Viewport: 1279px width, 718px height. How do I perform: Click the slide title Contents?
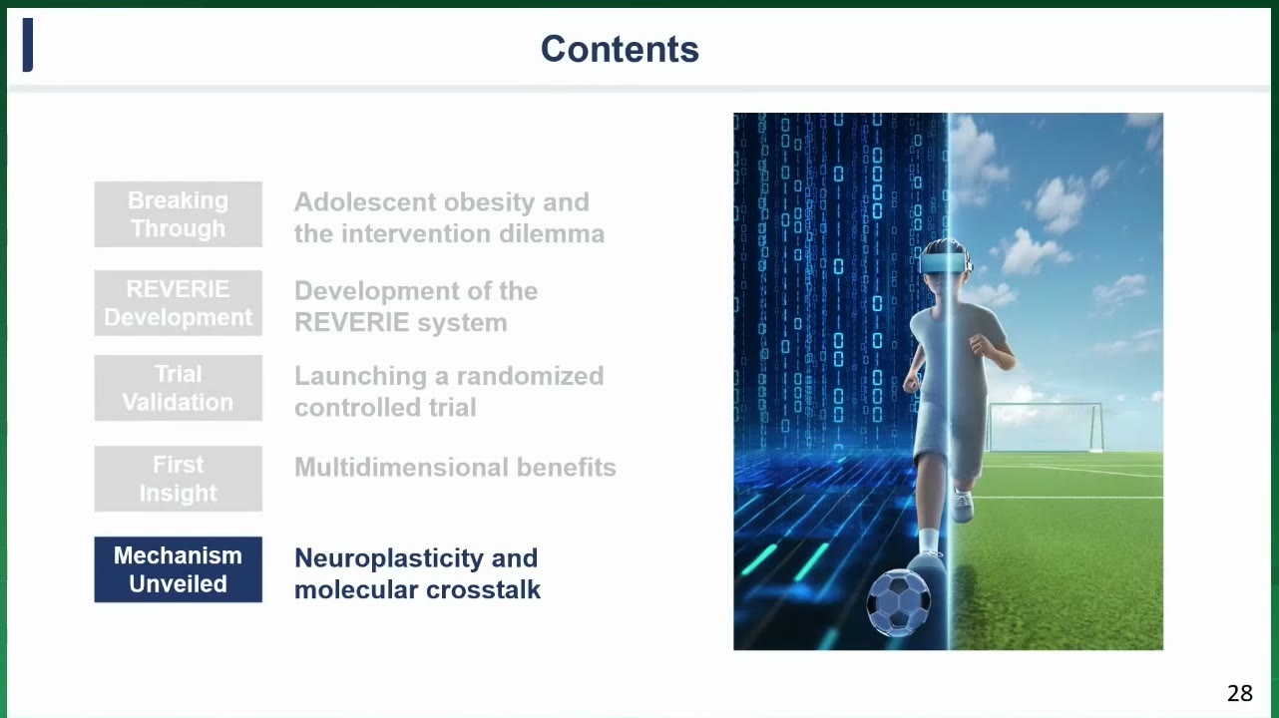620,49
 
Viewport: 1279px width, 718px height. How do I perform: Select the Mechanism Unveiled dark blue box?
179,569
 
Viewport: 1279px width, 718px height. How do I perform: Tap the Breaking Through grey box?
179,214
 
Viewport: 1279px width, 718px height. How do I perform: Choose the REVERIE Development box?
179,303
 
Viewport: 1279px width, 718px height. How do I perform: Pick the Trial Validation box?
179,388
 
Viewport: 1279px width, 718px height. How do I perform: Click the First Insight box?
179,479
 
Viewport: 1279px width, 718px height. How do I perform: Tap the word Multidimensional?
401,468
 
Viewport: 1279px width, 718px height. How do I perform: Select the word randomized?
530,376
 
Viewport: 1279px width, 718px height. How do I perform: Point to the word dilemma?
552,234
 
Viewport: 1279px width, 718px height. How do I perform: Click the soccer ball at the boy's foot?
898,602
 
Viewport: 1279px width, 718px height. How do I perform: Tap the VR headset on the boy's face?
945,263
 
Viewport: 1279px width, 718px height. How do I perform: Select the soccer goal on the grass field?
1045,427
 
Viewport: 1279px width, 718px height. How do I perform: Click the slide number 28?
1240,693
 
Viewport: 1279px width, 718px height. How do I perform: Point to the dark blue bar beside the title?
27,45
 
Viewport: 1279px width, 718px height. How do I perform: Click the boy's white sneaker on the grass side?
962,506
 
